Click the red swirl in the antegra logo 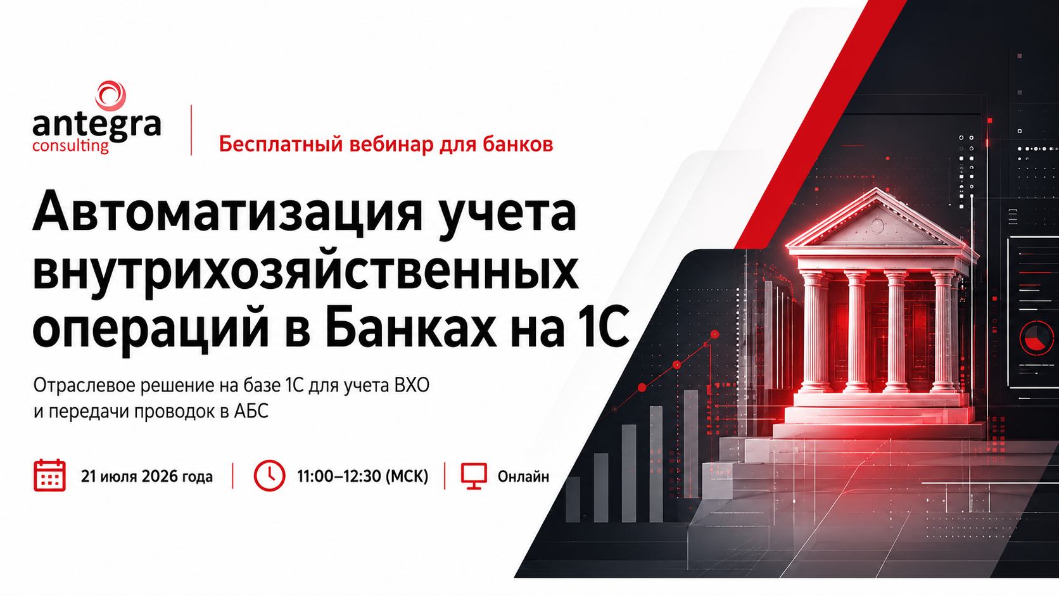tap(110, 96)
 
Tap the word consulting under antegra tap(70, 146)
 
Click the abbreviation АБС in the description tap(251, 411)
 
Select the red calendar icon tap(49, 475)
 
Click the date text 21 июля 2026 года tap(146, 476)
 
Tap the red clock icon tap(269, 476)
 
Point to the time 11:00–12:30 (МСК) tap(363, 476)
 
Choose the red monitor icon tap(474, 476)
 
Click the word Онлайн tap(523, 476)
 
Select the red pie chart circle tap(1036, 337)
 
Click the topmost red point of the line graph tap(715, 334)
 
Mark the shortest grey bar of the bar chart tap(573, 499)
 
